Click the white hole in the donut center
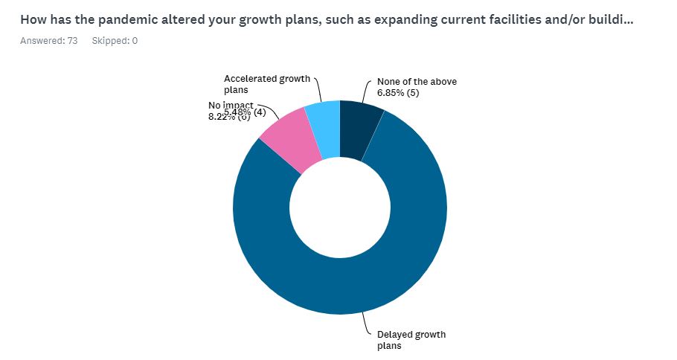(340, 207)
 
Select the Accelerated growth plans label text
(266, 83)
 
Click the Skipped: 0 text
(115, 40)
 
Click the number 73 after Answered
(72, 40)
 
